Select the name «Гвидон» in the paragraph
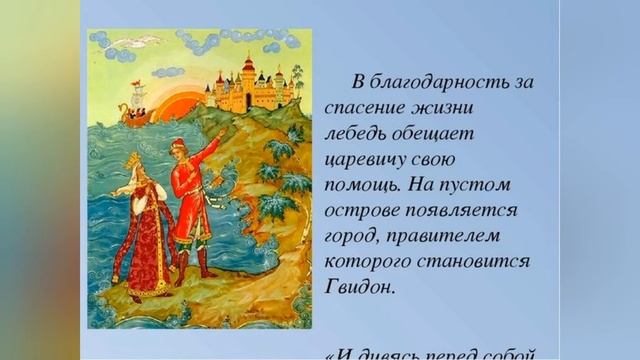click(x=357, y=285)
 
